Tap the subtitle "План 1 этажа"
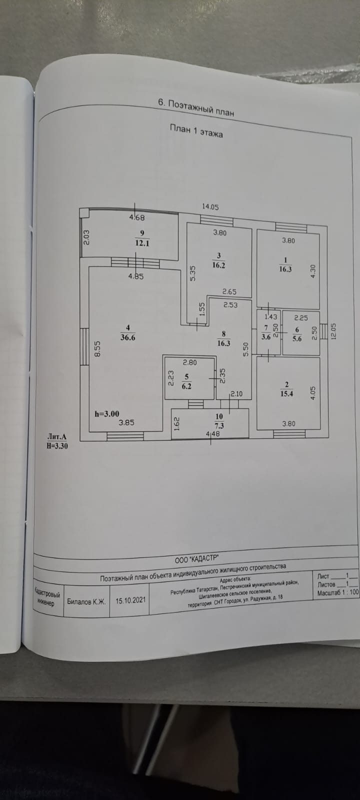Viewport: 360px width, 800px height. (196, 131)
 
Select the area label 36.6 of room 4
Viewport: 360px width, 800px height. (127, 337)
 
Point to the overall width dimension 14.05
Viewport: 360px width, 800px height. (210, 206)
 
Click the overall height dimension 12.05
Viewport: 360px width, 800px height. (334, 331)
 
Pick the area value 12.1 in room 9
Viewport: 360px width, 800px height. (142, 243)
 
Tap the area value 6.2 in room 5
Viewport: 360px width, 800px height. (186, 386)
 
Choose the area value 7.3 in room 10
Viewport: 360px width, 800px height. (219, 425)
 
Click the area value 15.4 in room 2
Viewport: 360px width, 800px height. (287, 394)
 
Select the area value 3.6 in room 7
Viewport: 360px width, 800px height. (265, 337)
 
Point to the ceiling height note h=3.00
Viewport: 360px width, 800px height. (107, 413)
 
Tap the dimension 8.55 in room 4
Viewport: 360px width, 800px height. (98, 348)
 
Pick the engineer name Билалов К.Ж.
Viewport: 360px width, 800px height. (86, 602)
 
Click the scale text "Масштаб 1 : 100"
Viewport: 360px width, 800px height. (337, 593)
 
